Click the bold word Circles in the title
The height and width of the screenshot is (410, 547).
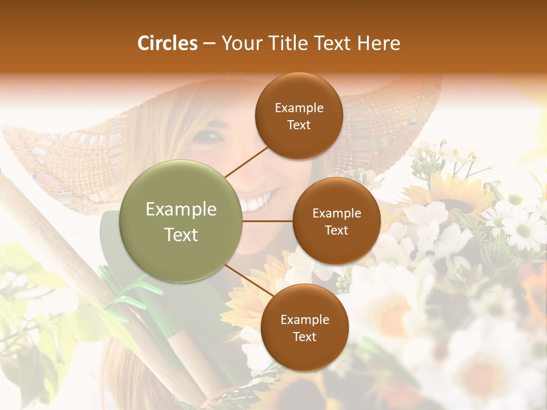tap(167, 43)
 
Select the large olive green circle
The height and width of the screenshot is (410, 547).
tap(181, 221)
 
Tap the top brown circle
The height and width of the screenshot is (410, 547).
tap(299, 116)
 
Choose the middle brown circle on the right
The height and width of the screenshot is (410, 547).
tap(336, 221)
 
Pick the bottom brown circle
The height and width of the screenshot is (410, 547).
tap(304, 327)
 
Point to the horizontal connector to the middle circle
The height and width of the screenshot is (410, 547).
tap(268, 221)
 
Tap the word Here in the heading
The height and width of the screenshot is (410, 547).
tap(379, 43)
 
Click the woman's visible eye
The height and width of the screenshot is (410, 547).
tap(210, 136)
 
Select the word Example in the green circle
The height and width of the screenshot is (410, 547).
tap(181, 210)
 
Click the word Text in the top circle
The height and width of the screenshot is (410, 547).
tap(299, 125)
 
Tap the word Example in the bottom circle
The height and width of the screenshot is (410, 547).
tap(304, 319)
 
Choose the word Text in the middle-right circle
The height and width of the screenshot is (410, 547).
tap(336, 230)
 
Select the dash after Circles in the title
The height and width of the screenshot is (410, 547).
tap(209, 43)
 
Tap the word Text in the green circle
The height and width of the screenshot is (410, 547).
tap(181, 234)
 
